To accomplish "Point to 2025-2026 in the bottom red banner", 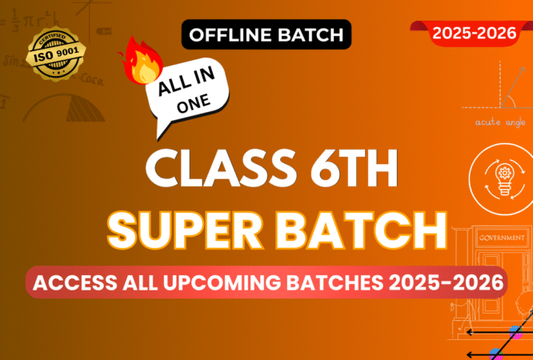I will pos(438,282).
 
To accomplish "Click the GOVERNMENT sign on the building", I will pos(501,238).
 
